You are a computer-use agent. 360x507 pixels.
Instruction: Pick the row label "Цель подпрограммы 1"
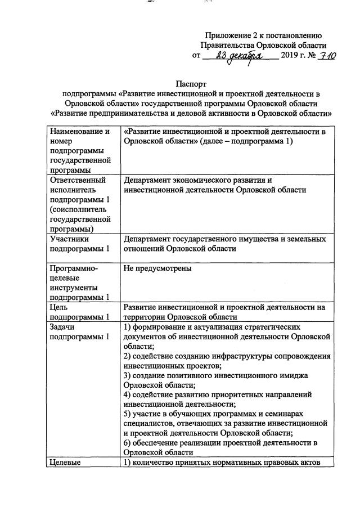coord(78,312)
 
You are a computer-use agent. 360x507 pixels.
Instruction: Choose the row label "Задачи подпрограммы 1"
coord(78,331)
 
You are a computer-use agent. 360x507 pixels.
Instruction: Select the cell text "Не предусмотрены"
coord(157,268)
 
